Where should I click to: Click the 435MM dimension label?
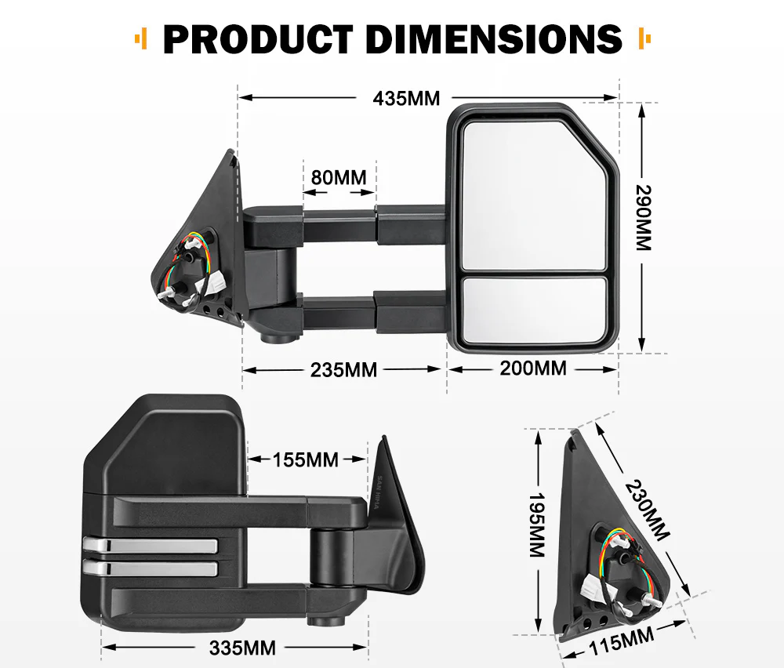pyautogui.click(x=406, y=99)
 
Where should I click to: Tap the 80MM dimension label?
pyautogui.click(x=339, y=177)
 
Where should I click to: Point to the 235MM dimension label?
pyautogui.click(x=343, y=369)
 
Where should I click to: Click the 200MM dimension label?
pyautogui.click(x=533, y=368)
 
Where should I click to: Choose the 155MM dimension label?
pyautogui.click(x=306, y=459)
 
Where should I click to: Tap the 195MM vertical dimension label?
pyautogui.click(x=536, y=525)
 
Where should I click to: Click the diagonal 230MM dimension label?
pyautogui.click(x=648, y=510)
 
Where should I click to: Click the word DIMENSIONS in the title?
pyautogui.click(x=490, y=39)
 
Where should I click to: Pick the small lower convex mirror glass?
pyautogui.click(x=533, y=310)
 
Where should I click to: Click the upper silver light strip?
pyautogui.click(x=149, y=545)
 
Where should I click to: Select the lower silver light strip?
pyautogui.click(x=149, y=568)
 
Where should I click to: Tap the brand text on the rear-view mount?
pyautogui.click(x=378, y=494)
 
